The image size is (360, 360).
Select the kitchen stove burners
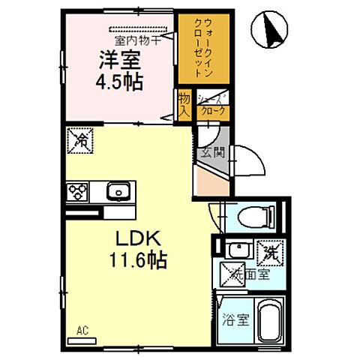click(76, 192)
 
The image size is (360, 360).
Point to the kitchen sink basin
click(118, 192)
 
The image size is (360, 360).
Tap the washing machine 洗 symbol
click(268, 253)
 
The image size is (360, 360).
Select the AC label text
click(80, 330)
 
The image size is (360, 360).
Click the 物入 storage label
click(184, 103)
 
